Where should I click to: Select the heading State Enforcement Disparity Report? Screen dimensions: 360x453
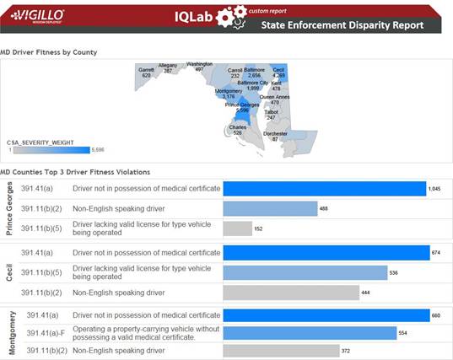pyautogui.click(x=353, y=25)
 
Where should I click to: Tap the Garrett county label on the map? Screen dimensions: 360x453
pyautogui.click(x=146, y=72)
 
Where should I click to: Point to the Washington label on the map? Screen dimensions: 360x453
pyautogui.click(x=199, y=66)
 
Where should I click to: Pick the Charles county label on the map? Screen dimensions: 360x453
pyautogui.click(x=237, y=130)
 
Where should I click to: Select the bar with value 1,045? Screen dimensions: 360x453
pyautogui.click(x=324, y=189)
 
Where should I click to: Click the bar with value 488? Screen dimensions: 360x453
pyautogui.click(x=269, y=208)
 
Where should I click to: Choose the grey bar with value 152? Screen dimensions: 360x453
pyautogui.click(x=237, y=228)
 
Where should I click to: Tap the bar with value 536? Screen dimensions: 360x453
pyautogui.click(x=305, y=272)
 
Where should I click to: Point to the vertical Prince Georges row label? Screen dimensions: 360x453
pyautogui.click(x=8, y=208)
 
